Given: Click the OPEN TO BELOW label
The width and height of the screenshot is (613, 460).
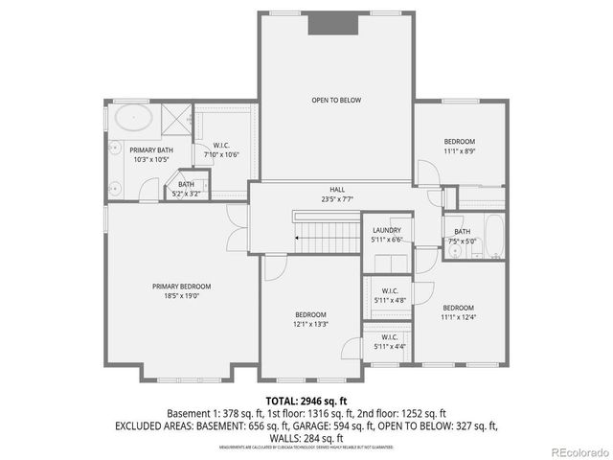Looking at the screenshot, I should click(x=335, y=100).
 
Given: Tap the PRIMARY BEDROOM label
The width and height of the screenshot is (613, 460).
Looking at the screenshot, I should click(x=181, y=286).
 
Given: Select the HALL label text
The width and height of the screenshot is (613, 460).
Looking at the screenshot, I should click(x=337, y=190).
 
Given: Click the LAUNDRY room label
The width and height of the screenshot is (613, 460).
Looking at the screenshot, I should click(x=387, y=230).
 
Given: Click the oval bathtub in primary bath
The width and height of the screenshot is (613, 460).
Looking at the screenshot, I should click(x=131, y=119).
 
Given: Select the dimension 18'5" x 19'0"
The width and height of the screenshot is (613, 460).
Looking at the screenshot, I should click(x=181, y=296).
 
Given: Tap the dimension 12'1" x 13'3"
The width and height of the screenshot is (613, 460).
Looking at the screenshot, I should click(x=310, y=324).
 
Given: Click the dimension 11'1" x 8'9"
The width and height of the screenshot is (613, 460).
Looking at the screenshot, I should click(x=459, y=150).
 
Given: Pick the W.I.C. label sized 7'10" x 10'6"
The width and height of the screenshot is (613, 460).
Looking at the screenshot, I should click(x=220, y=145).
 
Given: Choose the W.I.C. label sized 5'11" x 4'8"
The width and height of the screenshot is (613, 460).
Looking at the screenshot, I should click(x=390, y=291).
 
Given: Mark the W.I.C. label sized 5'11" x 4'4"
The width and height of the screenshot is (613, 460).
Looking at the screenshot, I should click(x=390, y=337).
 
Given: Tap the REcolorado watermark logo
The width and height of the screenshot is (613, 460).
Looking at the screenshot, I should click(x=578, y=450).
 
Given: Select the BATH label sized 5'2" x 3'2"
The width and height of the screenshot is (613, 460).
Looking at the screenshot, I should click(x=186, y=184).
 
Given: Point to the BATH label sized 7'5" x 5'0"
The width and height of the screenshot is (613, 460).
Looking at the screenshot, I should click(x=463, y=231).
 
